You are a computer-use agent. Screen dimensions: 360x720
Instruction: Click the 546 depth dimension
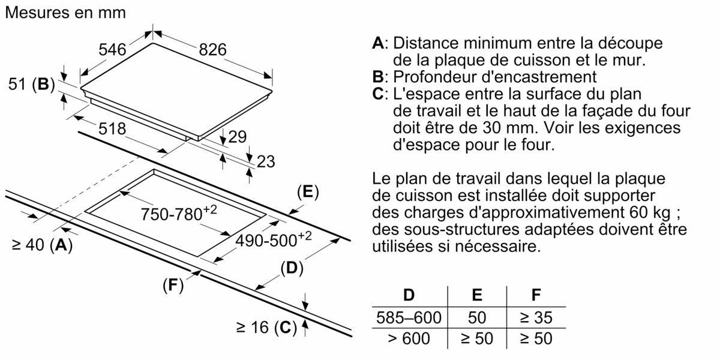(112, 50)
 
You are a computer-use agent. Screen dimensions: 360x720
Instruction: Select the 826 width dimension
(212, 50)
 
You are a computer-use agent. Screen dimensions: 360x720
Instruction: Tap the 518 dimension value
(112, 129)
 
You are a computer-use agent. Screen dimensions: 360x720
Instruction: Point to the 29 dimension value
(238, 137)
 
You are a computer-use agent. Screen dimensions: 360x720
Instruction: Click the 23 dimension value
(265, 161)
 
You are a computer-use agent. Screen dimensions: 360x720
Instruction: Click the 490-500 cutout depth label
(273, 240)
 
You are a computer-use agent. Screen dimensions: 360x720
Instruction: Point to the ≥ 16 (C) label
(266, 327)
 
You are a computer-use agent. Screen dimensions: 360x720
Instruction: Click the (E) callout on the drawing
(307, 192)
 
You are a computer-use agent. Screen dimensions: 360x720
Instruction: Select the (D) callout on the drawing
(290, 268)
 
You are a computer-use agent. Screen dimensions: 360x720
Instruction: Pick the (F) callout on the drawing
(172, 286)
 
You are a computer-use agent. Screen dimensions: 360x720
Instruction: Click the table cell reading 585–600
(408, 317)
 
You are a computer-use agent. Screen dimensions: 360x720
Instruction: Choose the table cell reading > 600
(408, 338)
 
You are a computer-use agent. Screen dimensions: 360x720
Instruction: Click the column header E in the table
(477, 295)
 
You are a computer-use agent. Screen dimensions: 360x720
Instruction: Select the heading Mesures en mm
(65, 13)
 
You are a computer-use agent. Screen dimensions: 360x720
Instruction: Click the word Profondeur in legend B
(438, 77)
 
